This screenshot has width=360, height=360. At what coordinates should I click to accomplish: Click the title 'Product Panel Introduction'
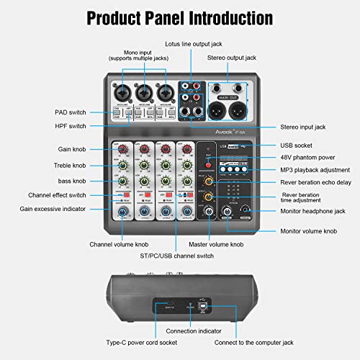pos(179,17)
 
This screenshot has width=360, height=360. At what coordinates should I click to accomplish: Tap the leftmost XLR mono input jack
pos(122,92)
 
